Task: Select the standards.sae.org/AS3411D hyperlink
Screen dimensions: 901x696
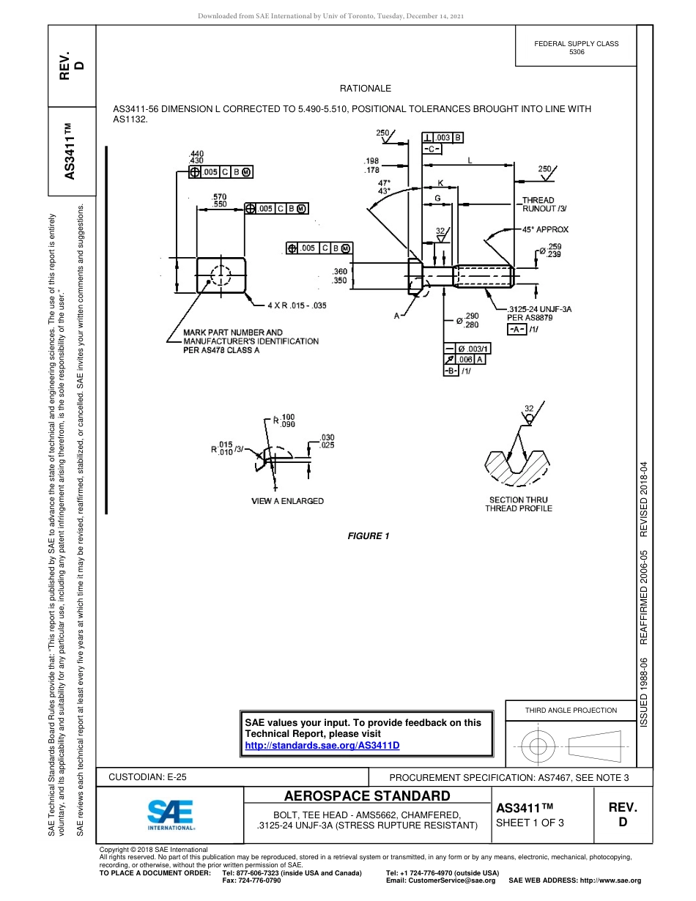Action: click(x=322, y=745)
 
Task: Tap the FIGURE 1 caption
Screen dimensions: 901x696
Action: click(x=369, y=536)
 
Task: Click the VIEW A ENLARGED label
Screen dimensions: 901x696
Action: click(x=287, y=501)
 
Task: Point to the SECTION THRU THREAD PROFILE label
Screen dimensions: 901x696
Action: click(x=518, y=504)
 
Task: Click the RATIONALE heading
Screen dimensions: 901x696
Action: click(x=366, y=89)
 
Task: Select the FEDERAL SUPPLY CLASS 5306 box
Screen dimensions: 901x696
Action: click(x=576, y=48)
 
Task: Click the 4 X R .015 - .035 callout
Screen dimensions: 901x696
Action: click(x=296, y=305)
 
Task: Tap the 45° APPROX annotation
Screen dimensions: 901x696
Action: click(x=545, y=229)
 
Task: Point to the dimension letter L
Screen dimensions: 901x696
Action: click(x=469, y=159)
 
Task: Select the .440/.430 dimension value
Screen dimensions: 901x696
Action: click(x=196, y=157)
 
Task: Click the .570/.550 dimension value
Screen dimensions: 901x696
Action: click(x=218, y=199)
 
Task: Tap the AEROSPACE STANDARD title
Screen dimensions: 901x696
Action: click(x=367, y=796)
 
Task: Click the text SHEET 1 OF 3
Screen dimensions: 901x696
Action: click(x=530, y=823)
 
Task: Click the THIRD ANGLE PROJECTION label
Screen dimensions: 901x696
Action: click(x=571, y=710)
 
